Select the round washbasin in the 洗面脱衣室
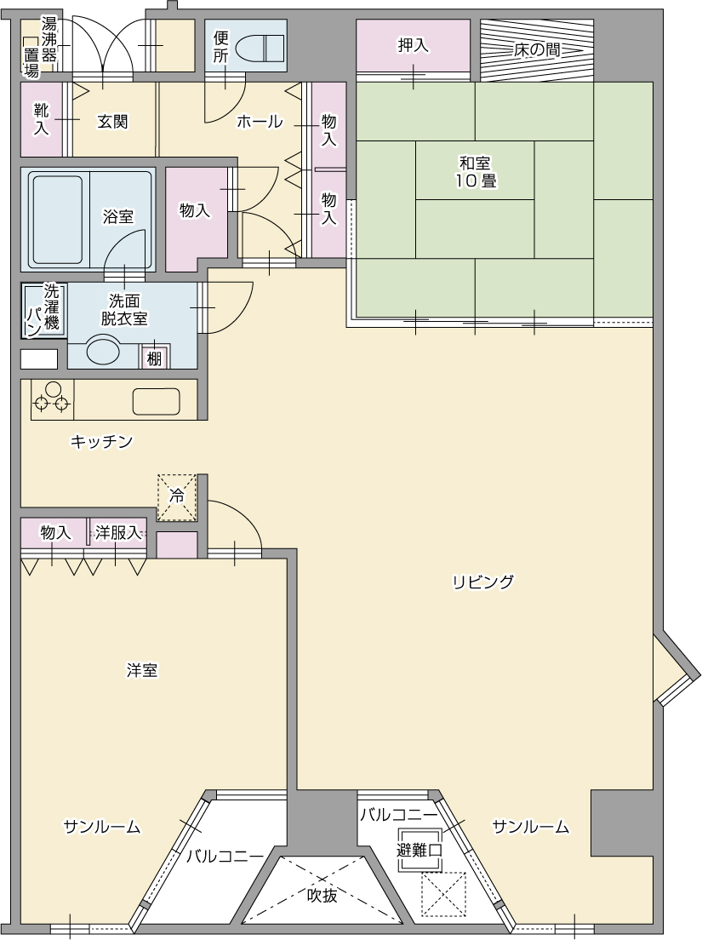pyautogui.click(x=94, y=351)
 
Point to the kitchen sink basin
pyautogui.click(x=156, y=400)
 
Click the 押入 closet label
pyautogui.click(x=413, y=46)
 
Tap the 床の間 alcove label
pyautogui.click(x=536, y=49)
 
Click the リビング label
pyautogui.click(x=482, y=582)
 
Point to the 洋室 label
pyautogui.click(x=142, y=671)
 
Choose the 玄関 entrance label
pyautogui.click(x=112, y=122)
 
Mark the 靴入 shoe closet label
pyautogui.click(x=41, y=119)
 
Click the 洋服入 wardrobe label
pyautogui.click(x=117, y=533)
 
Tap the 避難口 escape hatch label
pyautogui.click(x=419, y=850)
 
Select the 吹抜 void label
pyautogui.click(x=322, y=896)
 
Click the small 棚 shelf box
pyautogui.click(x=154, y=358)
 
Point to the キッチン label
pyautogui.click(x=101, y=441)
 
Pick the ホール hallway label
pyautogui.click(x=260, y=122)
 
